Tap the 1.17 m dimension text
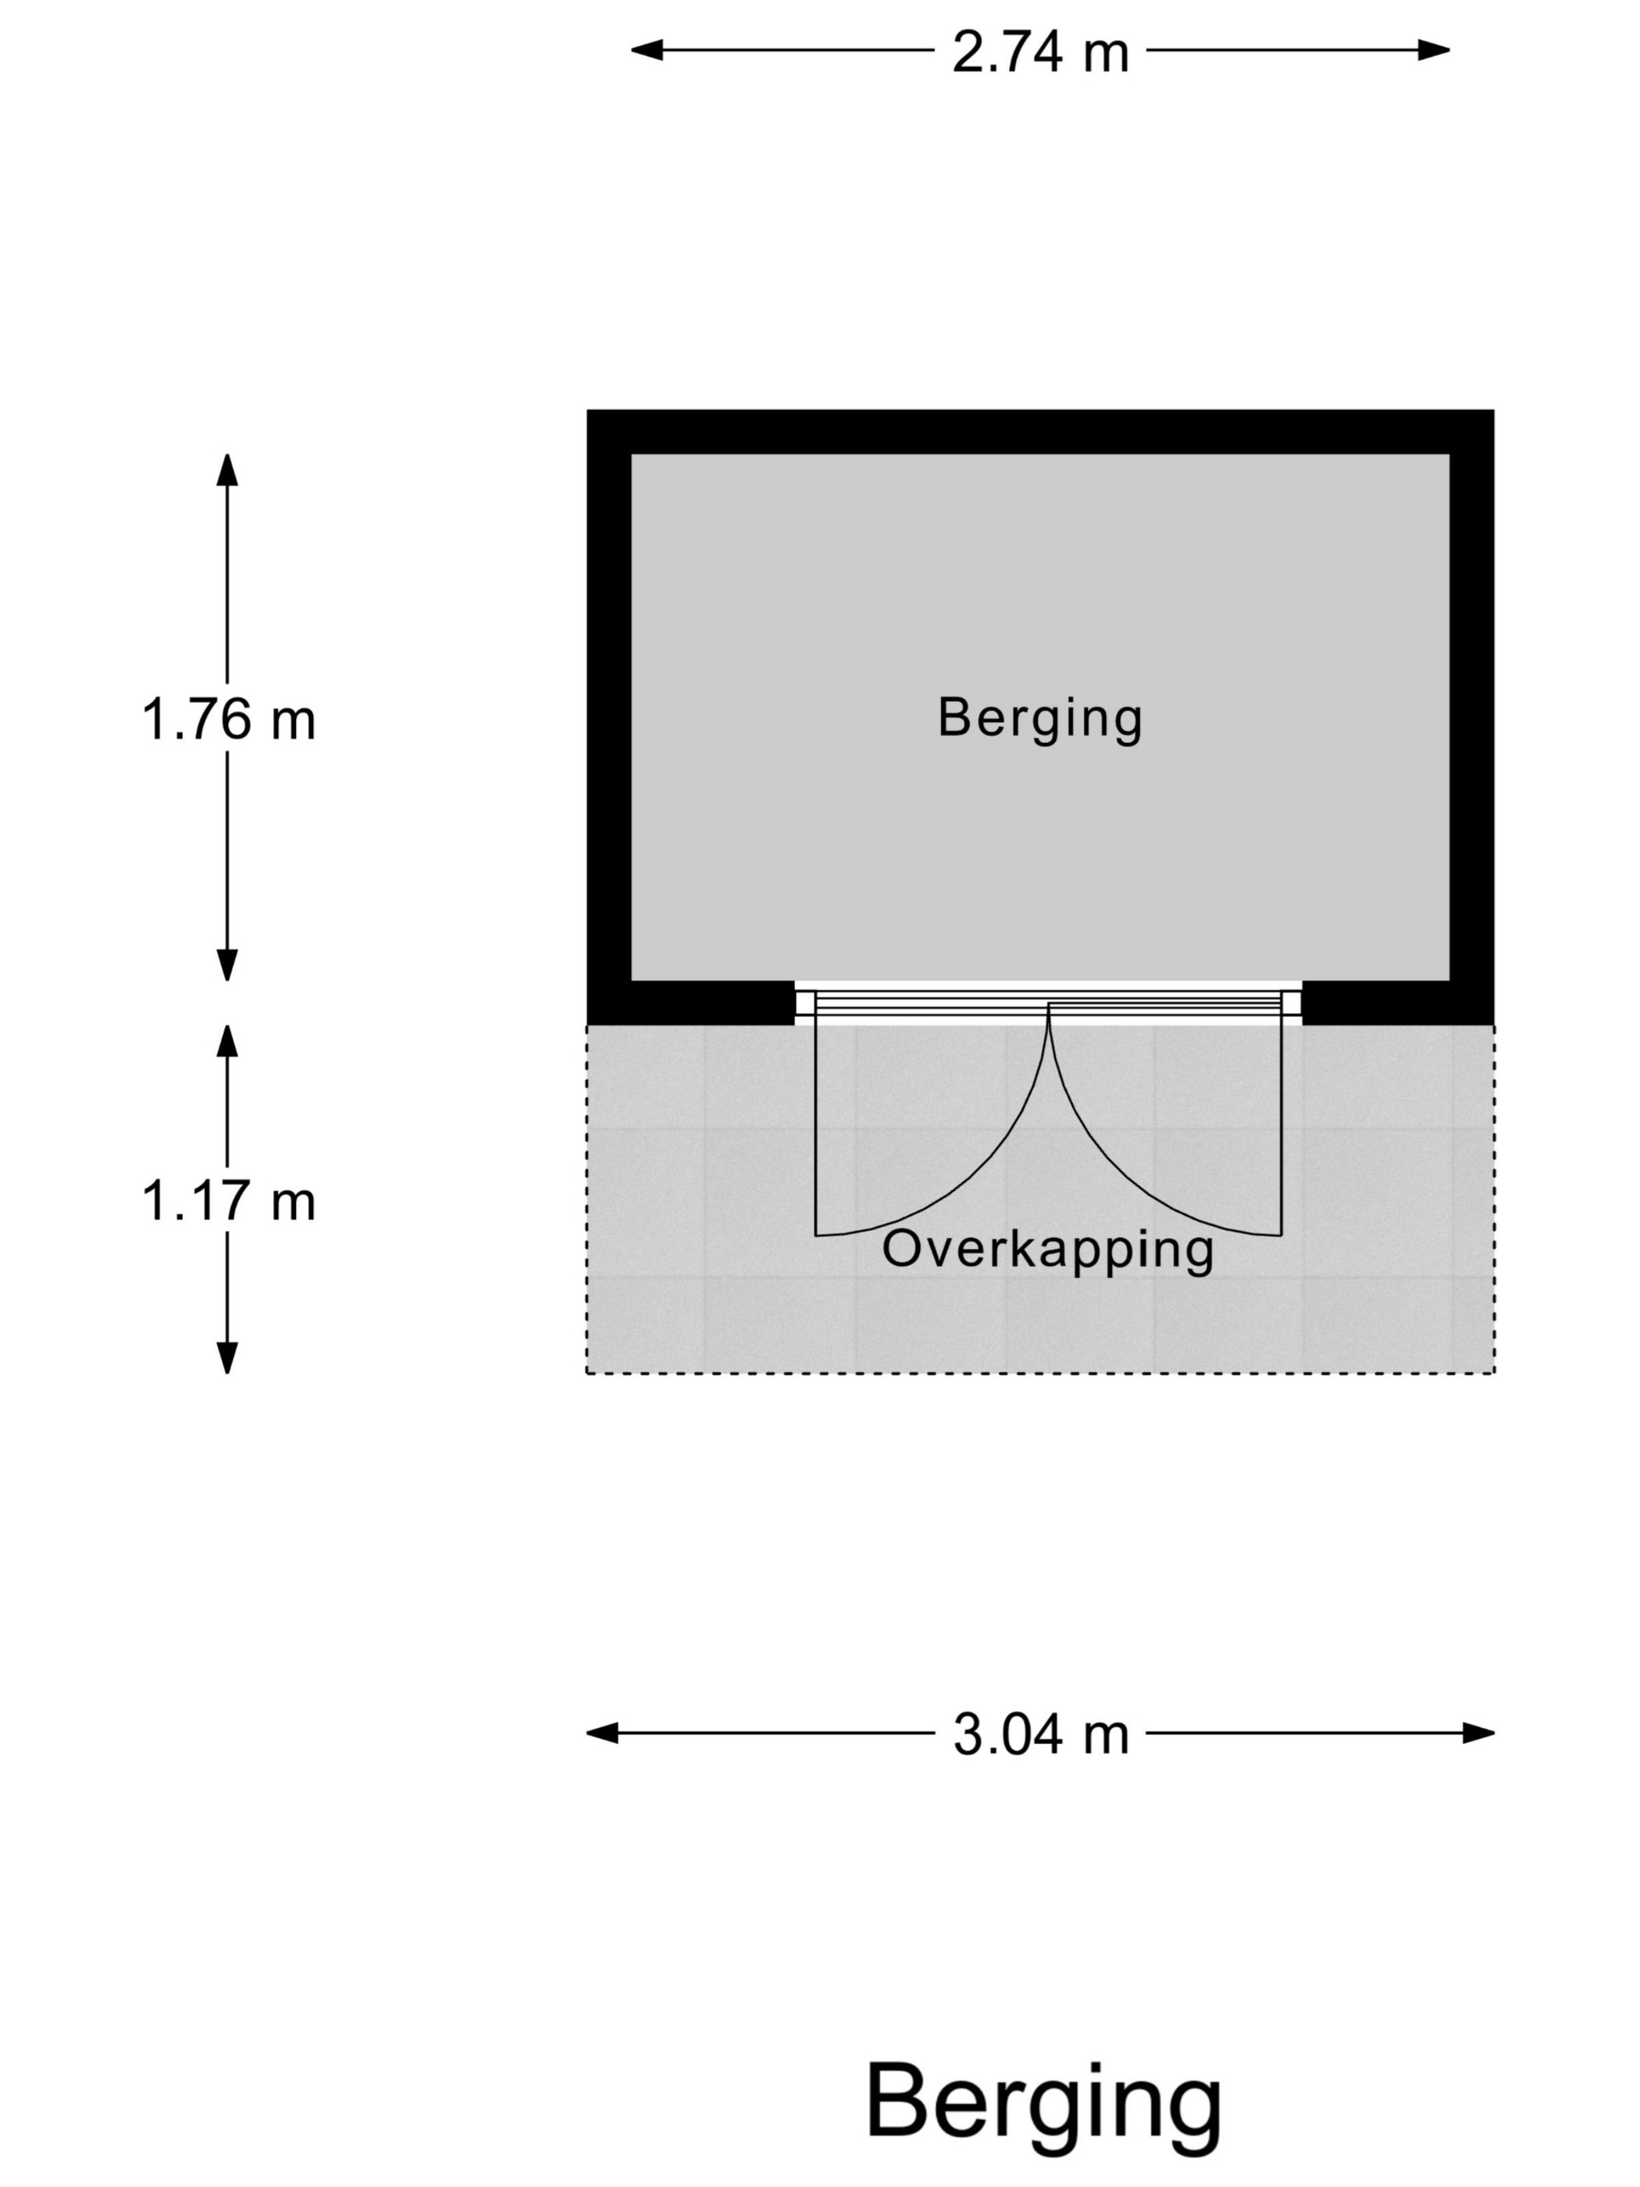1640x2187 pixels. click(x=228, y=1201)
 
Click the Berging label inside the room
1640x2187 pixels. click(x=1040, y=719)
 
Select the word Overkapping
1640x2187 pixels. click(x=1048, y=1250)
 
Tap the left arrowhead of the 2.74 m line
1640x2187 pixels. click(x=647, y=49)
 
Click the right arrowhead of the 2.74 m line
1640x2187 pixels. click(x=1435, y=49)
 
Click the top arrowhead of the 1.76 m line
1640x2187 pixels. click(x=227, y=469)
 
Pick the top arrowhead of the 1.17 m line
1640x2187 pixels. click(x=227, y=1041)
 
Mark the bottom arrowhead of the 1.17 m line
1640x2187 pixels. click(x=227, y=1358)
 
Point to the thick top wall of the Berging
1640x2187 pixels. click(x=1040, y=432)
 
